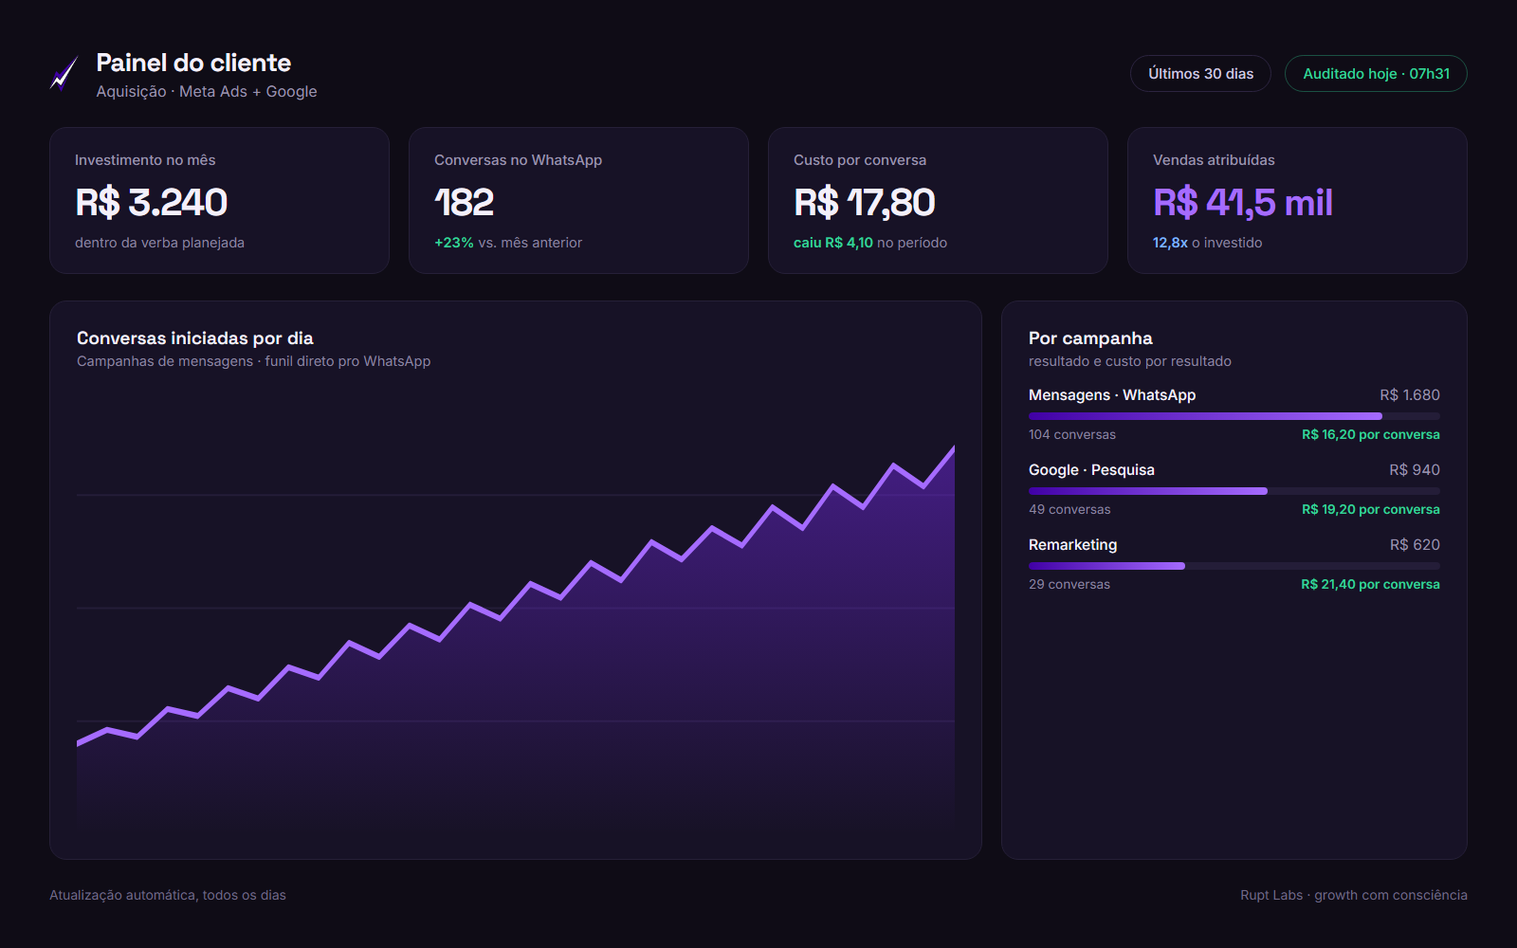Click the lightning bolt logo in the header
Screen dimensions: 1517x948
64,73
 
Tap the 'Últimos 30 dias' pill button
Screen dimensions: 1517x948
1200,73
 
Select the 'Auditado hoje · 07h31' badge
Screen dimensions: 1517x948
1376,73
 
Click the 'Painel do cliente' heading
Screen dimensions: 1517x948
193,63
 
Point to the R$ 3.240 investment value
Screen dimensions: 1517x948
151,202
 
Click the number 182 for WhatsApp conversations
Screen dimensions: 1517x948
464,202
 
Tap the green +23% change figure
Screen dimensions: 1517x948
454,243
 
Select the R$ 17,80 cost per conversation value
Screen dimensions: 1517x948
864,202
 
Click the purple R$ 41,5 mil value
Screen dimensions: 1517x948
1243,202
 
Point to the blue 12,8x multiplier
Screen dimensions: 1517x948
1170,243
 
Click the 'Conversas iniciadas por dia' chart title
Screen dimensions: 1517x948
195,337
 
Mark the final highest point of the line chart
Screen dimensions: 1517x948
954,447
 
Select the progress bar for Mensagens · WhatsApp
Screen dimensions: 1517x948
1234,416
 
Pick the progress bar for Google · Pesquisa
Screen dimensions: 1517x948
1234,491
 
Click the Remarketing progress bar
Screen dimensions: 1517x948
1234,566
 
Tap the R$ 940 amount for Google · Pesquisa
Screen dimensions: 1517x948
1414,470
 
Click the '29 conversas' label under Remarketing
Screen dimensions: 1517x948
1069,584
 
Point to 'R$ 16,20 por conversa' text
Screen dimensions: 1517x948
1371,435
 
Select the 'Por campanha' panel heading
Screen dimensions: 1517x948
1090,337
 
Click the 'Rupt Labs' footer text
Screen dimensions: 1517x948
1271,895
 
